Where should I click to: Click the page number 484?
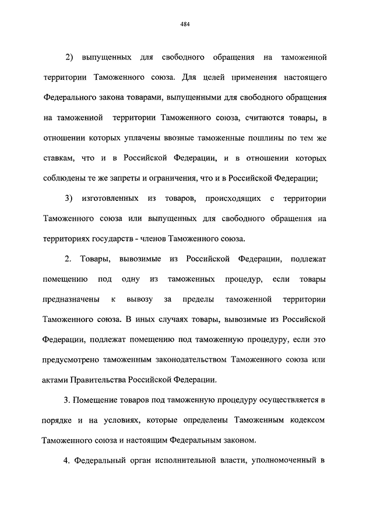pyautogui.click(x=186, y=24)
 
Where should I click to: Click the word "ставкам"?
pyautogui.click(x=58, y=158)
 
